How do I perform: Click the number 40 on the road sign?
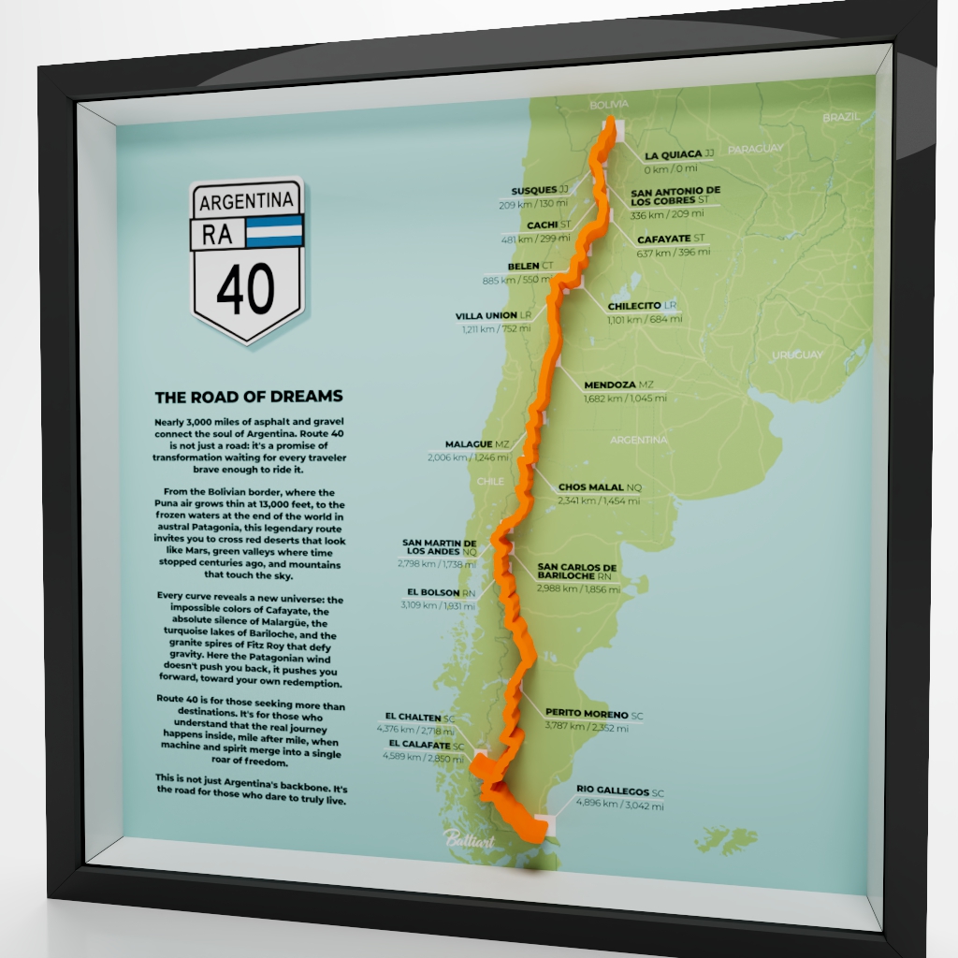click(x=246, y=288)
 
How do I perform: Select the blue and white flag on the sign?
click(x=275, y=230)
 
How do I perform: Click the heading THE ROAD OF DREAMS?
click(x=249, y=397)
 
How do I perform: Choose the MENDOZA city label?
click(x=610, y=385)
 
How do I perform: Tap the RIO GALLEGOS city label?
click(x=613, y=791)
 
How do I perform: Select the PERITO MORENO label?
click(x=587, y=714)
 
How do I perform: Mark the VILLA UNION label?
click(x=486, y=316)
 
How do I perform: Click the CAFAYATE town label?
click(x=664, y=239)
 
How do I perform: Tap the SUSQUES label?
click(x=533, y=189)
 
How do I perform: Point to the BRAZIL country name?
click(x=840, y=118)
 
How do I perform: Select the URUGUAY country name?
click(x=797, y=355)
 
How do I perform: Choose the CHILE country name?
click(x=490, y=482)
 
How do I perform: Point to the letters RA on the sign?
click(x=217, y=234)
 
